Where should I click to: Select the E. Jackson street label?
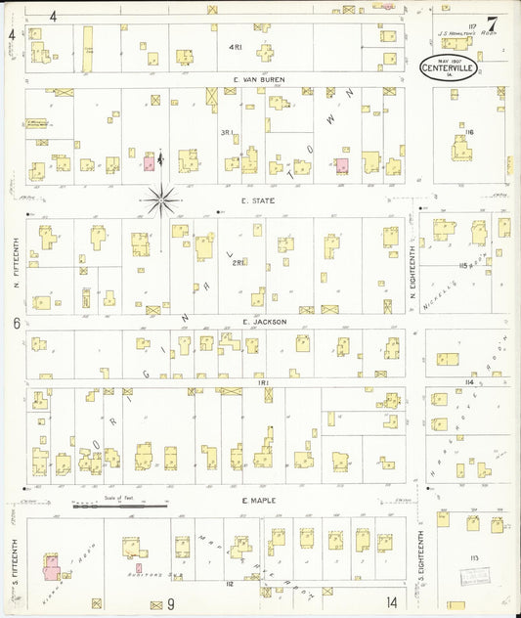(x=262, y=320)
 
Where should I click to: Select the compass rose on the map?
(x=161, y=200)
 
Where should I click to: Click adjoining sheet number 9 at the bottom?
(x=170, y=603)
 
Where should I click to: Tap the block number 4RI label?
(x=234, y=48)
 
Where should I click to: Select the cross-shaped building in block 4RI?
(x=266, y=52)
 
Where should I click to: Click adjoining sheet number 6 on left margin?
(x=17, y=323)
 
